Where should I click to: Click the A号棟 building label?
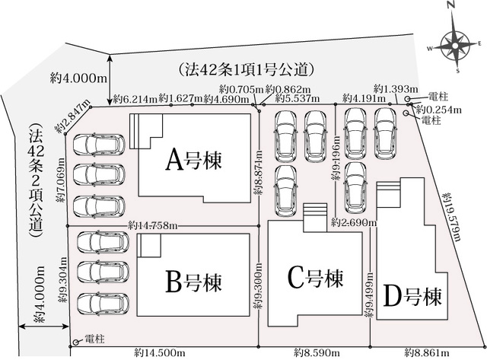coord(193,160)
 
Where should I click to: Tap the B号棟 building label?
coord(193,282)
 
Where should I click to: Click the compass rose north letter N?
coord(451,14)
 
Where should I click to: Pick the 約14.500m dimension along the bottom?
coord(160,353)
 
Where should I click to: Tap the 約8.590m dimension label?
coord(317,353)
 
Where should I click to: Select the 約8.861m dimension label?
coord(427,353)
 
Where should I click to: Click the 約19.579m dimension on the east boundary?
coord(451,217)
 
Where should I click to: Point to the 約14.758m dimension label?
coord(153,225)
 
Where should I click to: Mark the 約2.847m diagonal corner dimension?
coord(72,116)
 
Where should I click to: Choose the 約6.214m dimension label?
coord(135,99)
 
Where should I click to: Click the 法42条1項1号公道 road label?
coord(245,70)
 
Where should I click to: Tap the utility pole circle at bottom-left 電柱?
coord(75,342)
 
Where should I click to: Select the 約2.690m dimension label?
coord(354,222)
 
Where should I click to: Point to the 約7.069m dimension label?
coord(61,180)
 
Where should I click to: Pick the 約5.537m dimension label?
coord(298,99)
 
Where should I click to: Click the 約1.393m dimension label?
coord(396,89)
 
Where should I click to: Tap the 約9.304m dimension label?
coord(63,279)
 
